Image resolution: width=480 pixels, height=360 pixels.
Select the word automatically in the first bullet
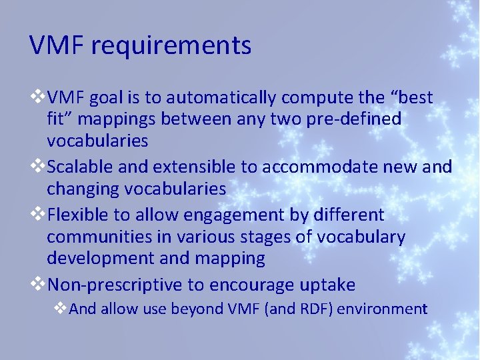point(221,98)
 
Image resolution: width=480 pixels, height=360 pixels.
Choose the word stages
point(269,237)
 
